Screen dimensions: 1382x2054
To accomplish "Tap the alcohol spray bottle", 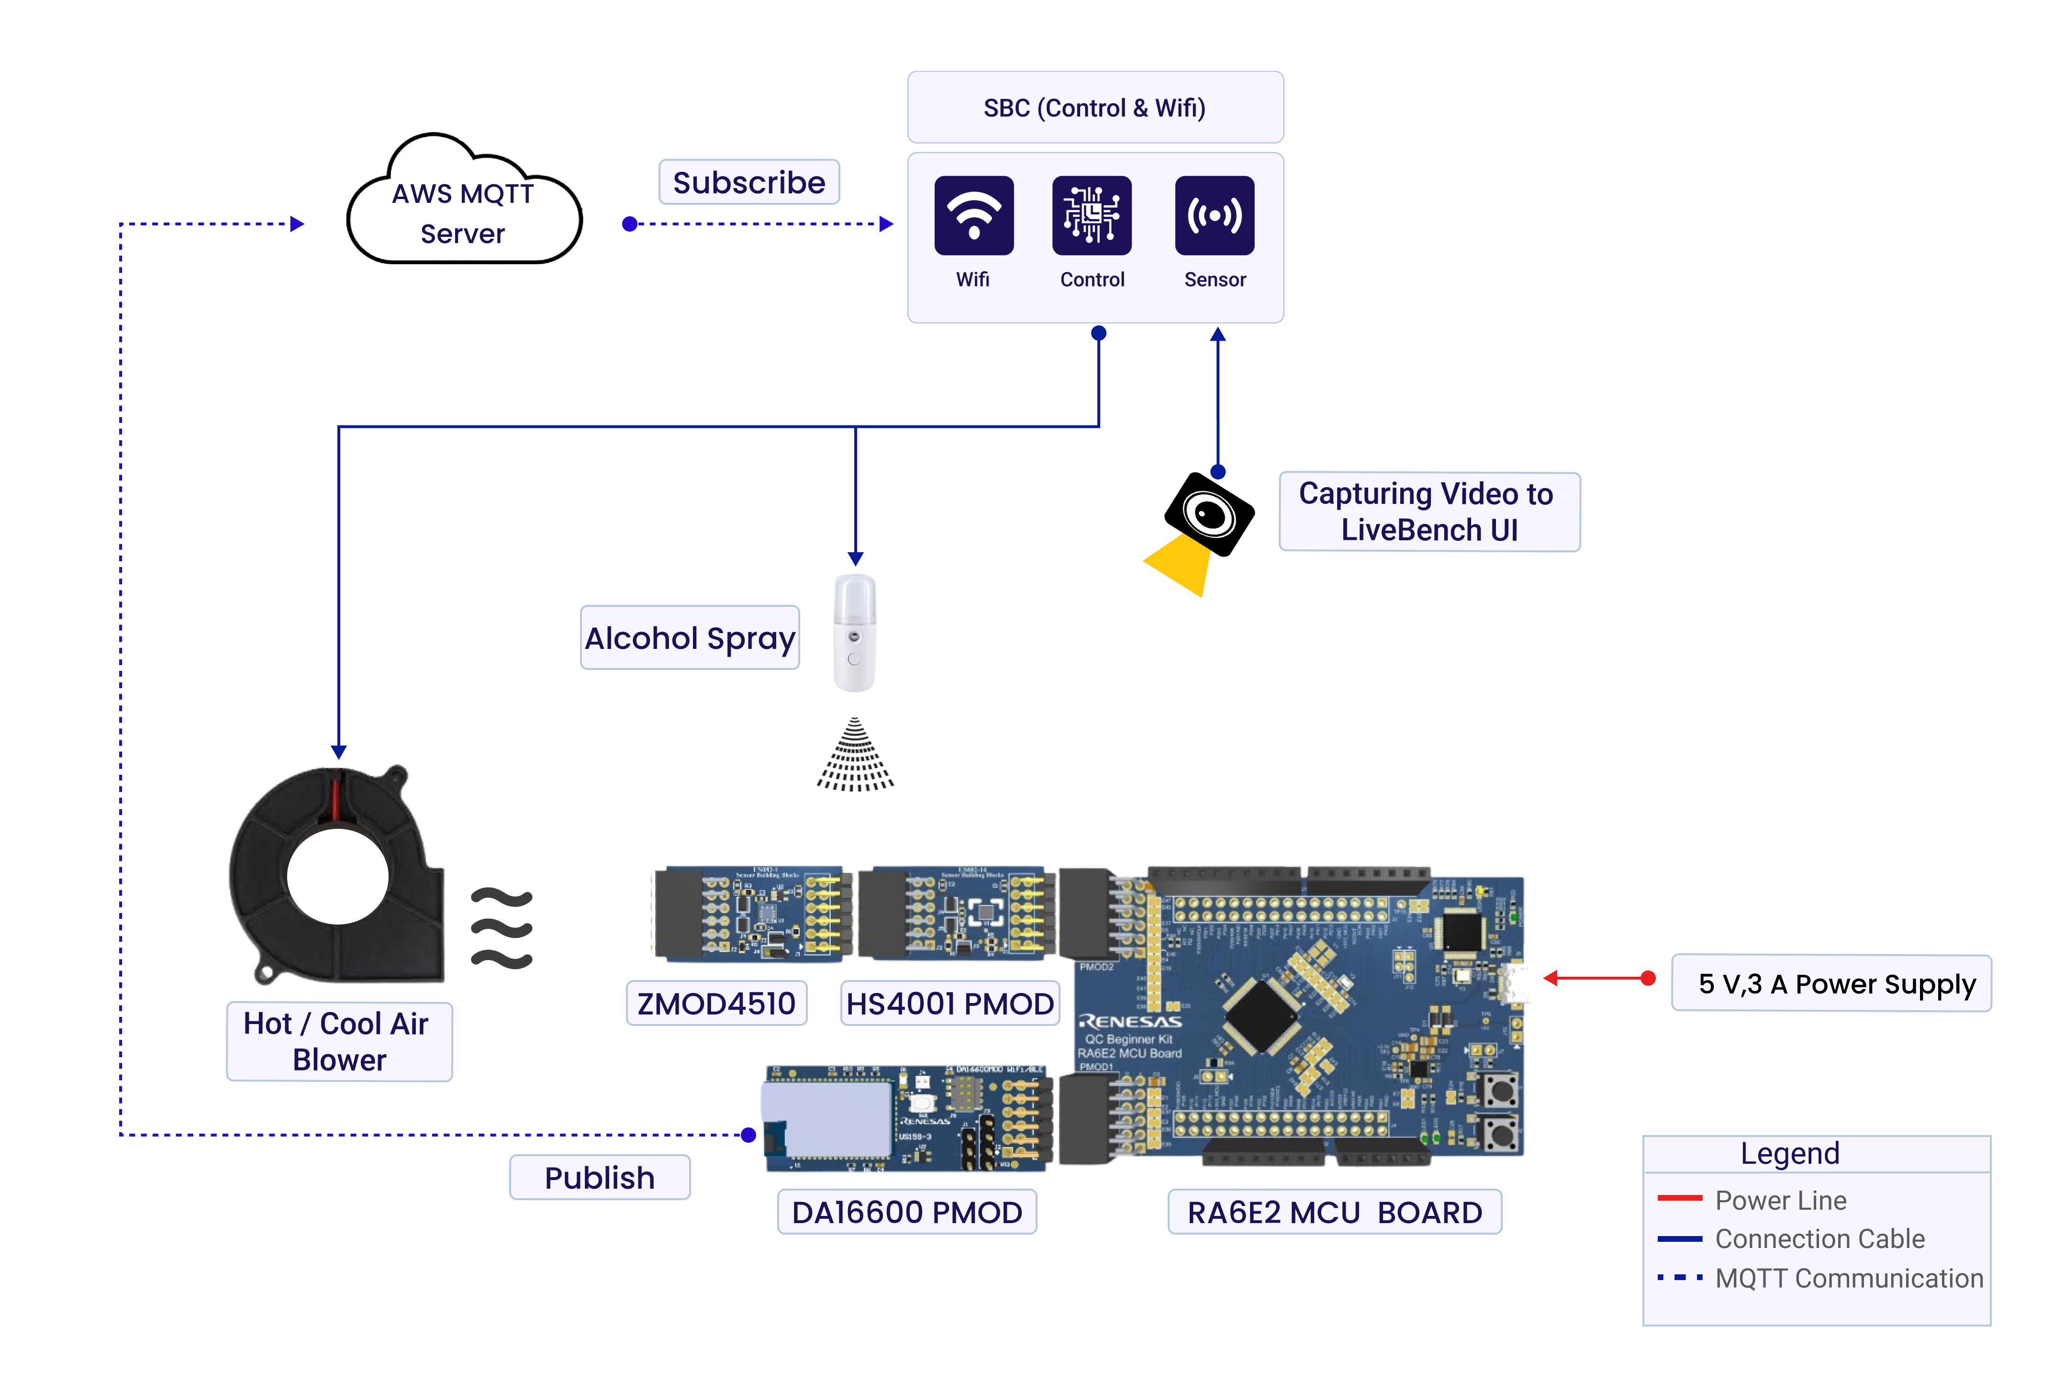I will [854, 633].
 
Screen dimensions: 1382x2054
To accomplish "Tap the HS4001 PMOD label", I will [949, 1003].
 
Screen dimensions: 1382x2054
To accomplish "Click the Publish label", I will [599, 1178].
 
